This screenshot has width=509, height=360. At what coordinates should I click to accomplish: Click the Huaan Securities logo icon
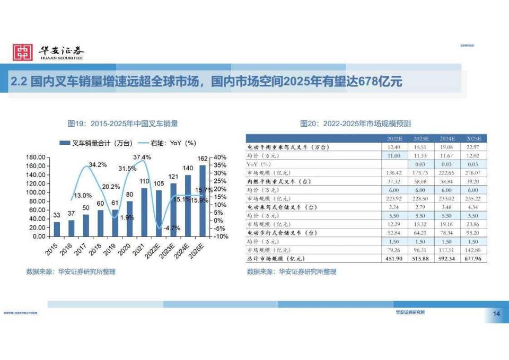pyautogui.click(x=23, y=52)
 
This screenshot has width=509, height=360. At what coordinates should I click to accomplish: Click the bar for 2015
pyautogui.click(x=57, y=229)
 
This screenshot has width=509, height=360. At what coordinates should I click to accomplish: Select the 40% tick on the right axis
pyautogui.click(x=221, y=157)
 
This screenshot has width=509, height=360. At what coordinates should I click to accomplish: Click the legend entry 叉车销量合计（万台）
pyautogui.click(x=101, y=143)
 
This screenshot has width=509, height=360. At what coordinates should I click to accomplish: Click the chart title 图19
pyautogui.click(x=122, y=124)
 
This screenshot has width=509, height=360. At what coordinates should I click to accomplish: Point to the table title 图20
pyautogui.click(x=355, y=124)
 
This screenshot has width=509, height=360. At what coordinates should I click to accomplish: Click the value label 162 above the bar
pyautogui.click(x=202, y=159)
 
